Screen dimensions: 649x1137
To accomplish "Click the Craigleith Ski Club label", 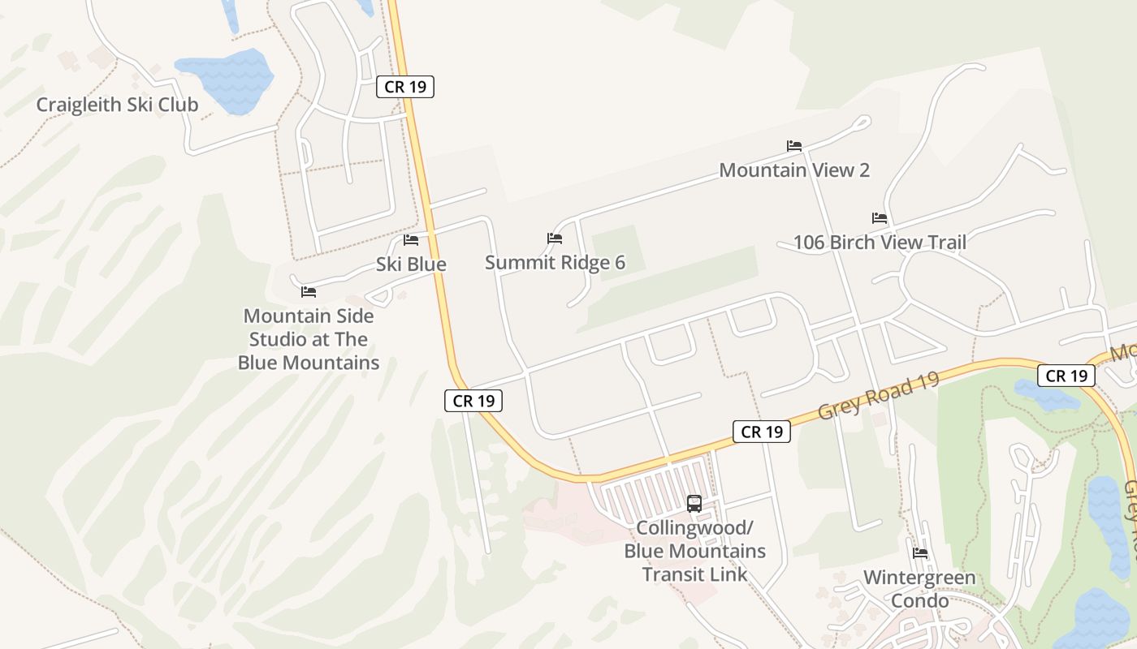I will pyautogui.click(x=117, y=105).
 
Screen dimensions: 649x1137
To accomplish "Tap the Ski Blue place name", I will pyautogui.click(x=411, y=264).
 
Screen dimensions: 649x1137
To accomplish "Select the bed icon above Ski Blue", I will pyautogui.click(x=411, y=240).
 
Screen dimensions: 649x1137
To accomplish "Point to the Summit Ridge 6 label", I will pyautogui.click(x=555, y=263).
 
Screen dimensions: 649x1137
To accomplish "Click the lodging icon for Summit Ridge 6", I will pyautogui.click(x=555, y=239).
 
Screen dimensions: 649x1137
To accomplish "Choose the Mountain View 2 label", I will pyautogui.click(x=794, y=170).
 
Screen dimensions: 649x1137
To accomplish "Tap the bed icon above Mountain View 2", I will pyautogui.click(x=794, y=146).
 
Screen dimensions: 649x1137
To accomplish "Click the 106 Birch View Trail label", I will pyautogui.click(x=880, y=243).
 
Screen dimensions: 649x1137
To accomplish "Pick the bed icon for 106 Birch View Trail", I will pyautogui.click(x=880, y=218).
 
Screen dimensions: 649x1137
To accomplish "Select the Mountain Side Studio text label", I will pyautogui.click(x=309, y=339).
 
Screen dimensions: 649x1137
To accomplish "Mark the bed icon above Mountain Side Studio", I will pyautogui.click(x=309, y=292).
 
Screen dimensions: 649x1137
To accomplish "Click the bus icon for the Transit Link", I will pyautogui.click(x=694, y=503).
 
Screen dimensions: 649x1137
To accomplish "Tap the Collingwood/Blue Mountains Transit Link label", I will pyautogui.click(x=694, y=551).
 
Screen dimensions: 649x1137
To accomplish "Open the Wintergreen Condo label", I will pyautogui.click(x=919, y=589).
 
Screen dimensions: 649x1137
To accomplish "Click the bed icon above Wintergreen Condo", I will pyautogui.click(x=920, y=553).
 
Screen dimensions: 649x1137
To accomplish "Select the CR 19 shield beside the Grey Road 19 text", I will pyautogui.click(x=762, y=432).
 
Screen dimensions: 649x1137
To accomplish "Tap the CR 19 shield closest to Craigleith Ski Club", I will pyautogui.click(x=405, y=86).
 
